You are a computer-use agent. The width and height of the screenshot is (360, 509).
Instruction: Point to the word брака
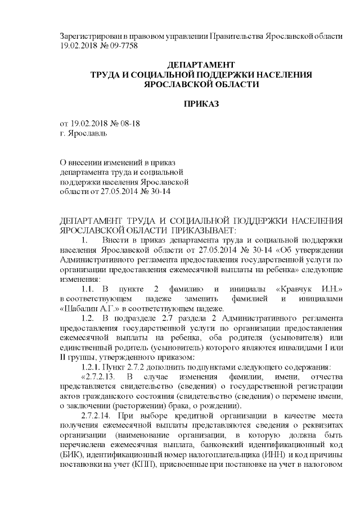pyautogui.click(x=204, y=406)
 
